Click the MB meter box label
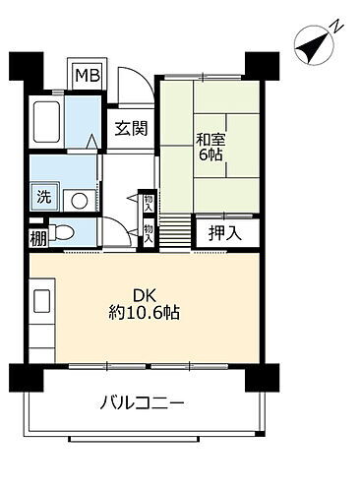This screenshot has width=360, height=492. [88, 75]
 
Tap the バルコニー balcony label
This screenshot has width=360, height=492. [143, 403]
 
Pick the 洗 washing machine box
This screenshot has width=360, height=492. [43, 196]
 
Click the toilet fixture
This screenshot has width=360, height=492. [65, 234]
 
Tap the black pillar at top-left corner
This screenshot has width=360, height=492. [22, 66]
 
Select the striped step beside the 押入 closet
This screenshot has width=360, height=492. [174, 232]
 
